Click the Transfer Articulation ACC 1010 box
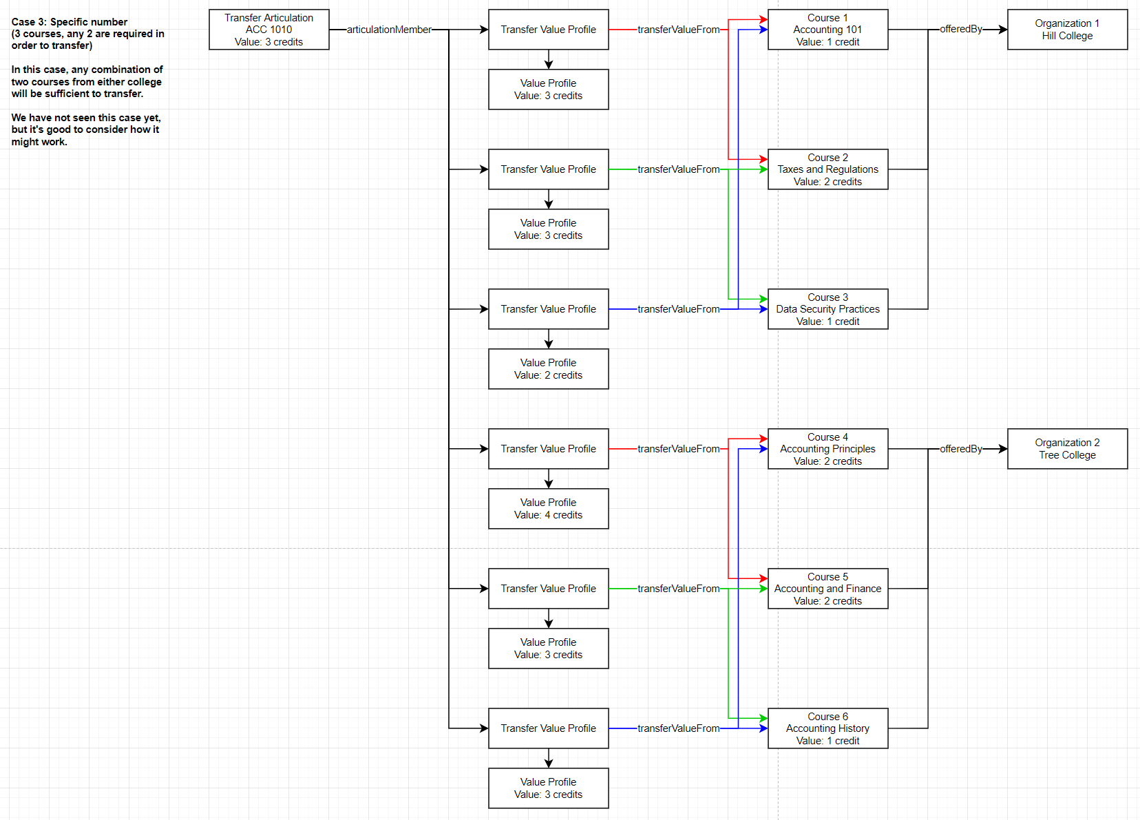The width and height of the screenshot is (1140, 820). click(x=268, y=30)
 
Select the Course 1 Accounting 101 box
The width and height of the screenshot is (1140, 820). click(x=827, y=30)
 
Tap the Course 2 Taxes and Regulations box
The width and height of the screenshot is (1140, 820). click(x=827, y=169)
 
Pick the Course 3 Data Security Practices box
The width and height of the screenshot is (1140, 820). click(x=827, y=309)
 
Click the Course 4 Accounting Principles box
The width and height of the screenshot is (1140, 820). click(x=827, y=449)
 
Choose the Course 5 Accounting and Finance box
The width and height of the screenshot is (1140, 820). click(x=827, y=589)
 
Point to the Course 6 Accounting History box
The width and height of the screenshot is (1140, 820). click(x=827, y=728)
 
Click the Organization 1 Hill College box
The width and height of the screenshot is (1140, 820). click(x=1067, y=30)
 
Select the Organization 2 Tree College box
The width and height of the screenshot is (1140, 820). click(x=1067, y=449)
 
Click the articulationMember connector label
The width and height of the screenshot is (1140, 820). click(x=389, y=30)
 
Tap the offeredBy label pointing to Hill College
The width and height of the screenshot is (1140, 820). click(x=960, y=29)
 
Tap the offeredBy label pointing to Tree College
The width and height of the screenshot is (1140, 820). click(x=960, y=449)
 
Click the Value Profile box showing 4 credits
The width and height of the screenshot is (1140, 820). click(x=548, y=509)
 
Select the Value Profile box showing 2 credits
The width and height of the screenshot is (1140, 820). click(x=548, y=369)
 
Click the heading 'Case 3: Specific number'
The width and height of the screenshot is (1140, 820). click(x=70, y=22)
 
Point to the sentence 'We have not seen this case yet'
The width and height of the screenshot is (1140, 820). click(x=86, y=118)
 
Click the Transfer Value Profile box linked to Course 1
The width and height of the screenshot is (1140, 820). click(x=548, y=30)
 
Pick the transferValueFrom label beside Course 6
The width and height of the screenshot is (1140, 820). click(x=678, y=728)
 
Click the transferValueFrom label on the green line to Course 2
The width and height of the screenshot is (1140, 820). click(x=678, y=169)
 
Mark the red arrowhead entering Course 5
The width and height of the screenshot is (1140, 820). click(x=763, y=578)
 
